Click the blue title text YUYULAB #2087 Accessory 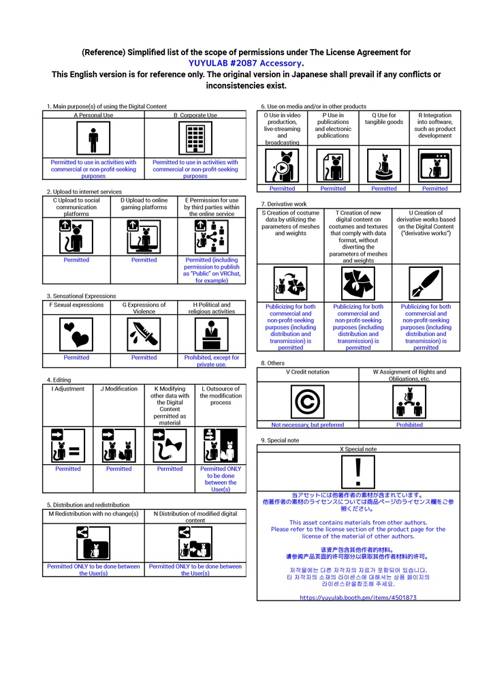[x=246, y=63]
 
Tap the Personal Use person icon [x=93, y=140]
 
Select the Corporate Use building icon [x=195, y=140]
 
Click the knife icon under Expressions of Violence [x=144, y=335]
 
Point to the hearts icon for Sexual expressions [x=76, y=335]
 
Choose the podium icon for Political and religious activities [x=212, y=335]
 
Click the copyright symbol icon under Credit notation [x=307, y=401]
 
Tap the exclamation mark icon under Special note [x=358, y=472]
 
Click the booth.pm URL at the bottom [x=358, y=597]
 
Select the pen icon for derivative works [x=426, y=283]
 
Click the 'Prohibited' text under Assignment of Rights [x=409, y=425]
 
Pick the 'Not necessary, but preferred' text [x=307, y=425]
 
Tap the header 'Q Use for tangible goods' [x=384, y=119]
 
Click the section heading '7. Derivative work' [x=284, y=204]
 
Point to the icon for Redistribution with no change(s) [x=93, y=543]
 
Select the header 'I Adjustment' [x=67, y=389]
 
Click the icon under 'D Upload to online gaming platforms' [x=144, y=237]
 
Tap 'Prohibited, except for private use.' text [x=212, y=361]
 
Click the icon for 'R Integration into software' [x=434, y=166]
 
